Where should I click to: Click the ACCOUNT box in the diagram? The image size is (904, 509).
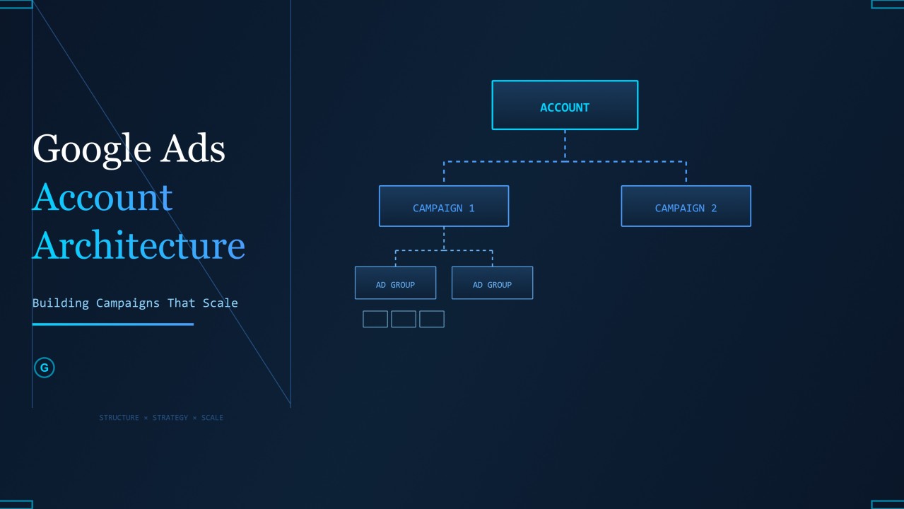565,105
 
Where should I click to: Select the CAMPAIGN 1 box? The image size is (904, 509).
444,206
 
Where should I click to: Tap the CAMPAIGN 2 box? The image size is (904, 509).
686,206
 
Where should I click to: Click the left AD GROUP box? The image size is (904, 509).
396,283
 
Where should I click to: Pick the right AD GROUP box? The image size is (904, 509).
493,283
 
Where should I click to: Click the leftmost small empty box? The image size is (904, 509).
375,319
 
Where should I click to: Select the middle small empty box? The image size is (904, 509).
404,319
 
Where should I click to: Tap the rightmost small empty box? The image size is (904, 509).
432,319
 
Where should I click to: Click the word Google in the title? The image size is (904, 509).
92,149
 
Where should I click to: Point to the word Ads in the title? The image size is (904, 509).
193,148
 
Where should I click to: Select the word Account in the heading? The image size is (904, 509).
102,197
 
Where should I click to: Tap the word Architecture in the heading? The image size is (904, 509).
139,245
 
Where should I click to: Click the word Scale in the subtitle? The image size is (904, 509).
220,303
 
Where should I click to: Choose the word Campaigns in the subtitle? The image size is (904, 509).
127,303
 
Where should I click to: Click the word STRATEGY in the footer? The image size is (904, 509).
170,417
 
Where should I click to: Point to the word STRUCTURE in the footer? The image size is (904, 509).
119,417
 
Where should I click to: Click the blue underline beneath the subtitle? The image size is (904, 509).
113,324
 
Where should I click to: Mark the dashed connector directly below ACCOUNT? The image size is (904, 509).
565,146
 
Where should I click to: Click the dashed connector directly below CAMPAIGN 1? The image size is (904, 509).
444,238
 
